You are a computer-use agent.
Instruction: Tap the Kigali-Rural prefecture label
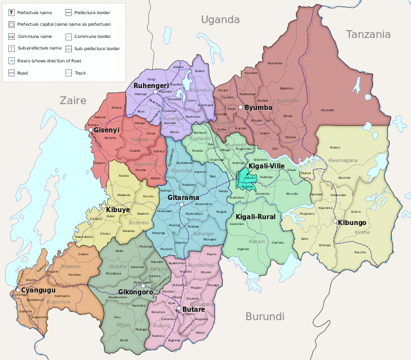click(x=256, y=217)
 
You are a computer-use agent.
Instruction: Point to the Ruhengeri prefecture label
click(x=151, y=85)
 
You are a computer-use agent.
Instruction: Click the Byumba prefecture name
click(x=259, y=108)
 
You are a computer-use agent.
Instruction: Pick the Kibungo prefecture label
click(x=352, y=222)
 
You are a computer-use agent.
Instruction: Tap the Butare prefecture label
click(x=193, y=309)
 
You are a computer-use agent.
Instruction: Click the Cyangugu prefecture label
click(x=37, y=290)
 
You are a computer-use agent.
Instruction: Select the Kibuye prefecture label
click(x=118, y=210)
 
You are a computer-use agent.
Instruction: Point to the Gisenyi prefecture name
click(x=107, y=130)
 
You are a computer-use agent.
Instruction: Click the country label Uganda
click(x=220, y=20)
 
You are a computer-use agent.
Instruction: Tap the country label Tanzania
click(x=368, y=35)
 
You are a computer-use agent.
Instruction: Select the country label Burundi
click(x=265, y=316)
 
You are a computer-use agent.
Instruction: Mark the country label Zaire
click(x=73, y=100)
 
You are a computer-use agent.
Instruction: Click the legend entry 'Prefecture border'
click(x=92, y=12)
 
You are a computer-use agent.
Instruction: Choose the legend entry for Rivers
click(x=45, y=60)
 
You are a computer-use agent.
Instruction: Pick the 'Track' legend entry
click(x=80, y=73)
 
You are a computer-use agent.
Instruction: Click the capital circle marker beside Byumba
click(x=240, y=108)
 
